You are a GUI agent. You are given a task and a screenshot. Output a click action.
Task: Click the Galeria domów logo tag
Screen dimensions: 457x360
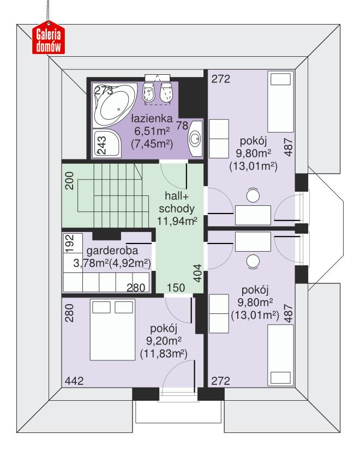[48, 39]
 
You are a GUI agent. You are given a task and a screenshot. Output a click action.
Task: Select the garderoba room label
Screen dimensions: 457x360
[111, 251]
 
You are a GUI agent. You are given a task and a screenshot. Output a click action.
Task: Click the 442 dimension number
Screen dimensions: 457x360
[74, 381]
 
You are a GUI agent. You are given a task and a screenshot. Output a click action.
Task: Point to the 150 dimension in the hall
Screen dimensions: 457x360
[176, 288]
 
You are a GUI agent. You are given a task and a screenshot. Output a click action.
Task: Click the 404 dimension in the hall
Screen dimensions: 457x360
[197, 272]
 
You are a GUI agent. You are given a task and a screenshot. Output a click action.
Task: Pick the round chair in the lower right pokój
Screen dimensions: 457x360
[253, 261]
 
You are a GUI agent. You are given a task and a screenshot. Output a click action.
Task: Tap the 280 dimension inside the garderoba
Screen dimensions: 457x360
[136, 287]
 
